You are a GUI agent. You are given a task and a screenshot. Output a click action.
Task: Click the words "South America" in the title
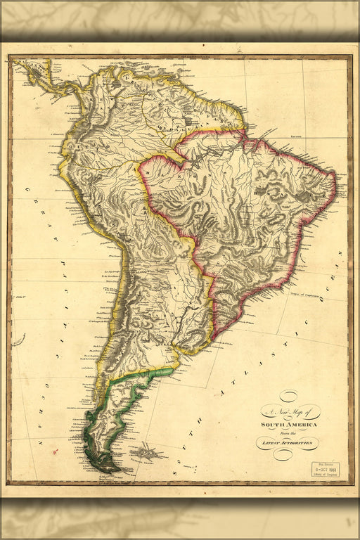pos(289,425)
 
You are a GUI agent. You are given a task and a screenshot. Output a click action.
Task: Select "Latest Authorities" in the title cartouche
pos(289,443)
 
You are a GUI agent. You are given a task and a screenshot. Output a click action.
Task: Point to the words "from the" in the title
pos(288,434)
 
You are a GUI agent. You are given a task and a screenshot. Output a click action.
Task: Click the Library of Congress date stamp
pos(326,470)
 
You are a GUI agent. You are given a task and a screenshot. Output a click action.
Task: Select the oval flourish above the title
pos(289,397)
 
